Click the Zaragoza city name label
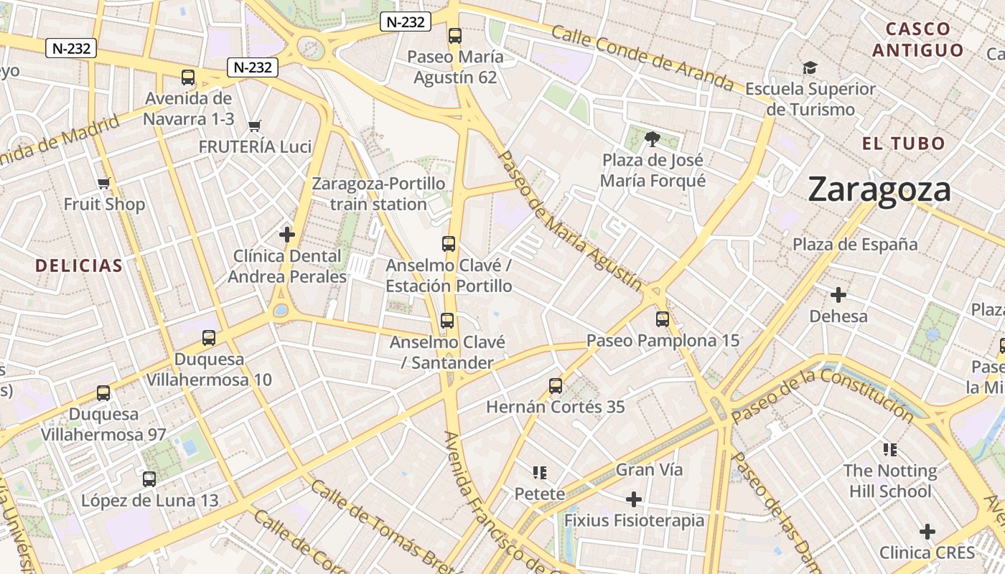879,190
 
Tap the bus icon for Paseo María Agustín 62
454,36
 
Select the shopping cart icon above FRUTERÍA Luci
254,126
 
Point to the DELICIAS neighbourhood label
79,265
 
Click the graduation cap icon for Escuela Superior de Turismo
810,68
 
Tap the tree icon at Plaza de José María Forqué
652,138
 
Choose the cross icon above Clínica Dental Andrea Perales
287,235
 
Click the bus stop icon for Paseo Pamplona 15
662,319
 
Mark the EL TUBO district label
904,143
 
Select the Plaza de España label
854,245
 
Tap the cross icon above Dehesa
838,295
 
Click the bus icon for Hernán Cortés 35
555,386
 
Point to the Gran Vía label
649,470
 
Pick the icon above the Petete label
540,473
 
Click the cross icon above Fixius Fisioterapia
633,499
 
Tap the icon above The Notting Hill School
890,450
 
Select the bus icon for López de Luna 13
149,479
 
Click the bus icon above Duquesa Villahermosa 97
103,393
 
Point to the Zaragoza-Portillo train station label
378,194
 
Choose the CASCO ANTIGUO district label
917,39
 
